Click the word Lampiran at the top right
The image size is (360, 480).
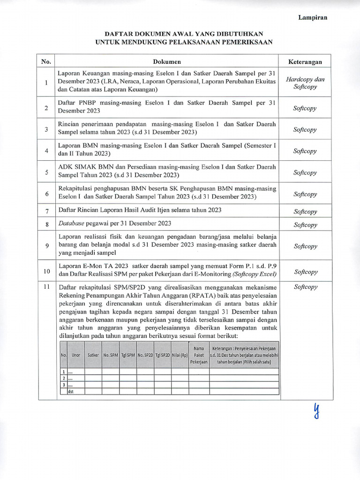(313, 17)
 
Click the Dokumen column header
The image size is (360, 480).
(167, 61)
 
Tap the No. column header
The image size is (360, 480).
(46, 61)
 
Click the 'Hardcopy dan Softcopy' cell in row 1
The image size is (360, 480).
(305, 83)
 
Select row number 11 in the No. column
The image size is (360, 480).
(46, 287)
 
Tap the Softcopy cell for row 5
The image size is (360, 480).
(305, 172)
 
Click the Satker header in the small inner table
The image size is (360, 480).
(93, 355)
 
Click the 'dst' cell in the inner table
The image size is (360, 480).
(72, 391)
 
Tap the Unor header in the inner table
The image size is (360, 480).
(75, 355)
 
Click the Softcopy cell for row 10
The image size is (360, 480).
(305, 271)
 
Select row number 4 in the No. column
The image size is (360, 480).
(46, 151)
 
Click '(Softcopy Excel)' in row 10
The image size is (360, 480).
(250, 274)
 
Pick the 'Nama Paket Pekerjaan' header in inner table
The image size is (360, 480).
(198, 355)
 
